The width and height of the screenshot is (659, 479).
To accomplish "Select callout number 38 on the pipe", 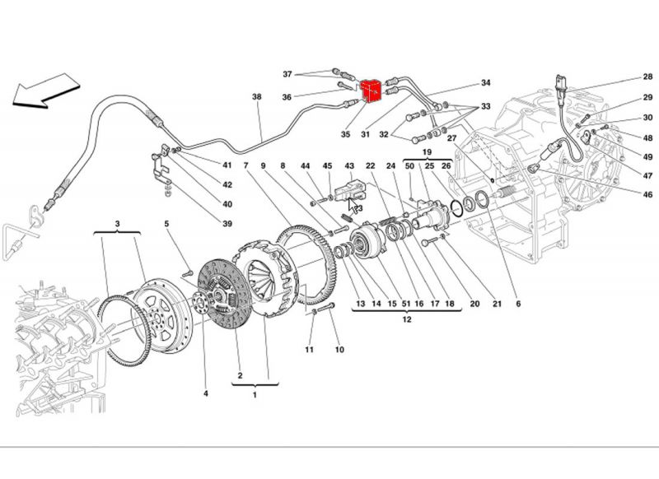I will (256, 97).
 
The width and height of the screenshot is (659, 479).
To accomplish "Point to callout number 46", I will (647, 194).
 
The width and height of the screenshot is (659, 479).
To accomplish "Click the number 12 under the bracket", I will (406, 320).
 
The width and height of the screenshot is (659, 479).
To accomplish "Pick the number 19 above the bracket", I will (428, 152).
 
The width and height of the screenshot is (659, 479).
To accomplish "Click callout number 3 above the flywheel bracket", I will (117, 223).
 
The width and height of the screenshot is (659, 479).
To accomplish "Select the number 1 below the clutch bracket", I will (255, 395).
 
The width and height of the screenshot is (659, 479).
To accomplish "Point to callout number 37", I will (287, 74).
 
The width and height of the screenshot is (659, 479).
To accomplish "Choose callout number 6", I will (518, 304).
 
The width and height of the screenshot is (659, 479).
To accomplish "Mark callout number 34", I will (485, 83).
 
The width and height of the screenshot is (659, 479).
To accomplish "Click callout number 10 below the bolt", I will (338, 351).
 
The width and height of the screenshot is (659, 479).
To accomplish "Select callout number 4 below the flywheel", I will (205, 393).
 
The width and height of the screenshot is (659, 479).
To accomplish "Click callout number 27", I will (451, 139).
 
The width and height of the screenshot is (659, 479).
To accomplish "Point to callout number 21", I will (497, 304).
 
